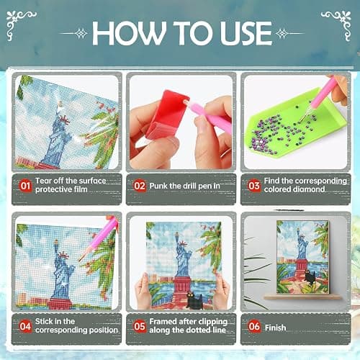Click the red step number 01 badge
coord(25,186)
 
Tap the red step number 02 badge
coord(140,186)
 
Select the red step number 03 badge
coord(254,186)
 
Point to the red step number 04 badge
coord(25,326)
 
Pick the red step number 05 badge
coord(140,326)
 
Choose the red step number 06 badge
coord(254,326)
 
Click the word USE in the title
coord(246,33)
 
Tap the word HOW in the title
coord(129,33)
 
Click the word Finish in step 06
coord(275,328)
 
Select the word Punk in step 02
coord(158,186)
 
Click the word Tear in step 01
coord(43,181)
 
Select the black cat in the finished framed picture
coord(310,276)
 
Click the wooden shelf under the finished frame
coord(303,297)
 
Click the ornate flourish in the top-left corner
coord(19,24)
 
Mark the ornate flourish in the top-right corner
coord(338,24)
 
